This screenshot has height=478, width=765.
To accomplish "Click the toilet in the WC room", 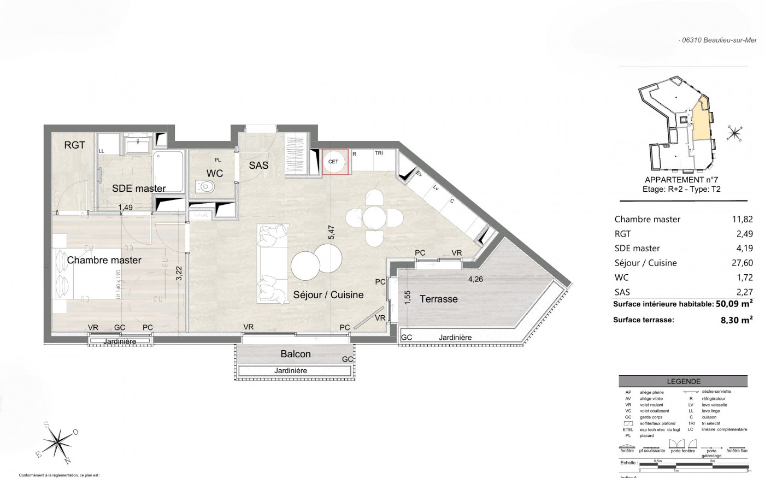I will pyautogui.click(x=207, y=187).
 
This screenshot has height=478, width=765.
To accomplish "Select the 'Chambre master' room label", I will pyautogui.click(x=104, y=260).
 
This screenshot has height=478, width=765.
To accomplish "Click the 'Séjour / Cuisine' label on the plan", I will pyautogui.click(x=328, y=294).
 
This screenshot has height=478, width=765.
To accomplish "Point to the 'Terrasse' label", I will pyautogui.click(x=438, y=299).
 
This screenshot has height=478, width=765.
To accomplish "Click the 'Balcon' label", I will pyautogui.click(x=296, y=354).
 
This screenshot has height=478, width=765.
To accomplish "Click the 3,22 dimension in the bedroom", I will pyautogui.click(x=179, y=273).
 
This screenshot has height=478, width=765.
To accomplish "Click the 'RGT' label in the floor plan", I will pyautogui.click(x=75, y=145).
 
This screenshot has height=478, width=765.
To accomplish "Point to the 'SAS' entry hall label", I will pyautogui.click(x=258, y=165).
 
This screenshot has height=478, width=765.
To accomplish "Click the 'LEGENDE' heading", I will pyautogui.click(x=684, y=382).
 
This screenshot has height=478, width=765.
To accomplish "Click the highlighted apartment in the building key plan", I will pyautogui.click(x=699, y=120).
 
